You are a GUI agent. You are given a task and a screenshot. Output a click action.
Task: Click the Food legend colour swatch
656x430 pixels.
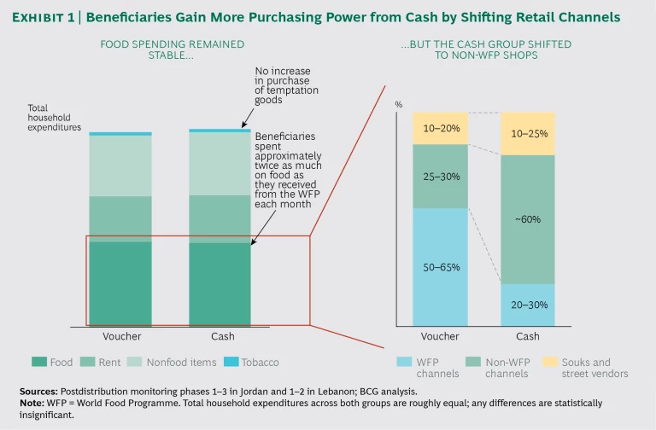click(x=38, y=362)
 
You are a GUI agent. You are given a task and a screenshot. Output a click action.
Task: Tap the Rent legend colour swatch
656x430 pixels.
click(x=90, y=362)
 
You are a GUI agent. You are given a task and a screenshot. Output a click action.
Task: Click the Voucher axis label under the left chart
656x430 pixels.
click(x=121, y=337)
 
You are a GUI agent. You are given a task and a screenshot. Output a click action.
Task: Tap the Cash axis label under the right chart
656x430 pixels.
click(x=528, y=337)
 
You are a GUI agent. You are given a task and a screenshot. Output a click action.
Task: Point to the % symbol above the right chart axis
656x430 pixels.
click(x=399, y=104)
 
